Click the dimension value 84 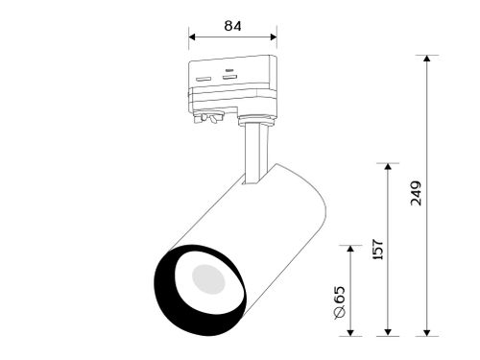click(x=232, y=26)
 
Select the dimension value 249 click(x=417, y=193)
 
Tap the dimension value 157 click(x=378, y=249)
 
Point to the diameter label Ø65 click(x=340, y=302)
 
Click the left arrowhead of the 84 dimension click(x=192, y=36)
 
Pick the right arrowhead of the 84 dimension click(x=274, y=36)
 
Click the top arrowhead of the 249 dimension click(x=426, y=59)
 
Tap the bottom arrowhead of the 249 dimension click(x=426, y=333)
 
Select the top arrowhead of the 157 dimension click(x=388, y=166)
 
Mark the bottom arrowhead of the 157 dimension click(x=388, y=333)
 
